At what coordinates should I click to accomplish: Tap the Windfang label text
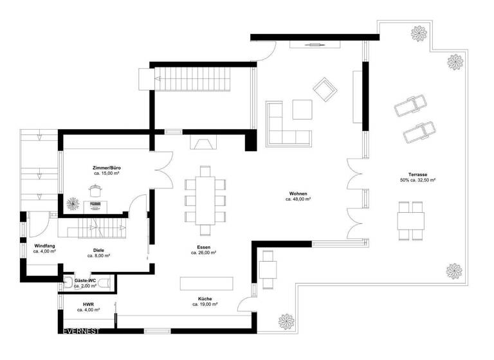[x=44, y=246]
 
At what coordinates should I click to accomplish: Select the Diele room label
[x=98, y=250]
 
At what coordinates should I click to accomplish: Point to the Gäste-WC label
[x=85, y=281]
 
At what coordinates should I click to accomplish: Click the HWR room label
[x=88, y=304]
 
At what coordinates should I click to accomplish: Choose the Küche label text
[x=204, y=299]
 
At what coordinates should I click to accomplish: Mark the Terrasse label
[x=417, y=175]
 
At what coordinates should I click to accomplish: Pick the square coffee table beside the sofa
[x=302, y=109]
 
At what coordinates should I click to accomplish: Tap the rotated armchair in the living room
[x=324, y=89]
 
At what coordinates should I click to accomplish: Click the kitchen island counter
[x=206, y=283]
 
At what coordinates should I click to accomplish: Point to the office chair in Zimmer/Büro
[x=96, y=191]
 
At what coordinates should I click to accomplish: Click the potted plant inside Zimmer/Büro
[x=73, y=204]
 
